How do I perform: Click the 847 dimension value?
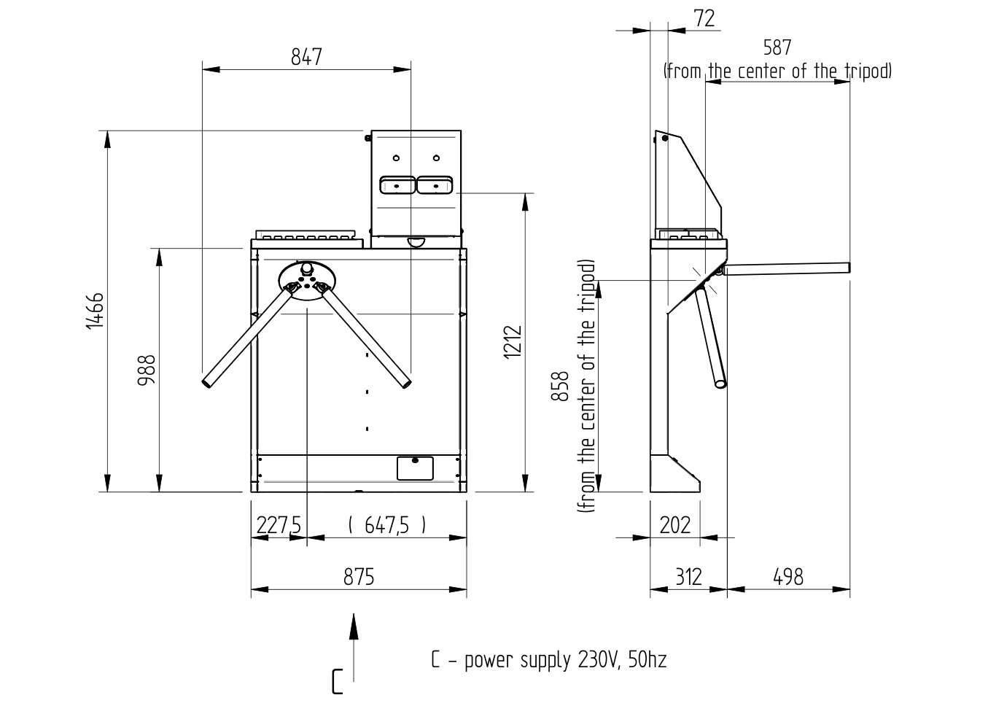(306, 58)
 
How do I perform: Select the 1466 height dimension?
(95, 311)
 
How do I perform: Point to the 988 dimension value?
(147, 370)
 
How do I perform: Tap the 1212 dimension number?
(513, 342)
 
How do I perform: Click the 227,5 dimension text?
(279, 525)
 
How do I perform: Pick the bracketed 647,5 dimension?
(387, 525)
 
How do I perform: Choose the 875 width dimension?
(359, 577)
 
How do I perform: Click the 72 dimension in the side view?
(704, 18)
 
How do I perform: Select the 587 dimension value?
(777, 47)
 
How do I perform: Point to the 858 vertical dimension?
(560, 386)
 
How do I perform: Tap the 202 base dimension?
(675, 525)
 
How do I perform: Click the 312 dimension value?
(688, 577)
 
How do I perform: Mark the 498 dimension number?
(788, 577)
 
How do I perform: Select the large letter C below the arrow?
(337, 682)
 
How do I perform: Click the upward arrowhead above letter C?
(354, 626)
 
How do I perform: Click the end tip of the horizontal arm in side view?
(849, 268)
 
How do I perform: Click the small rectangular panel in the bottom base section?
(415, 468)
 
